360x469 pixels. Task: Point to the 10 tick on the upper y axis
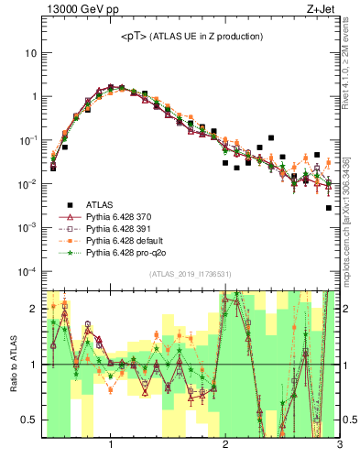click(x=30, y=53)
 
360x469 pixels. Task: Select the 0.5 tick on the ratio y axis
click(x=29, y=420)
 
